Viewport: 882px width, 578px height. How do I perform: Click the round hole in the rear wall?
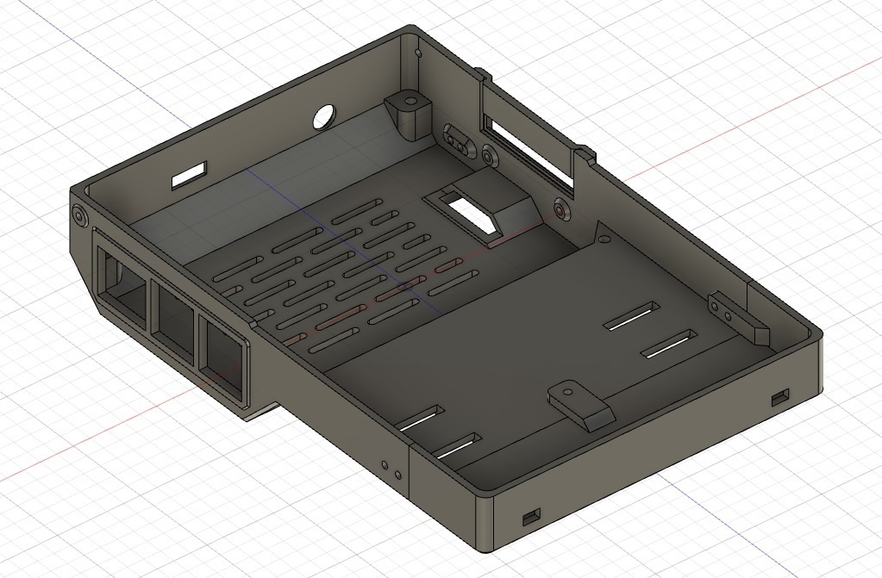(325, 117)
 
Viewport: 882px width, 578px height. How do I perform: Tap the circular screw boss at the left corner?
(80, 214)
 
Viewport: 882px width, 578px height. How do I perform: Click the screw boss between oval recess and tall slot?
(490, 156)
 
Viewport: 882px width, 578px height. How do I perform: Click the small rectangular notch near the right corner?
(780, 397)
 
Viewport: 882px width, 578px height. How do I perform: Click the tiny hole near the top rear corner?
(420, 53)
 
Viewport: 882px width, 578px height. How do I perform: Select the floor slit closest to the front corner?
(457, 447)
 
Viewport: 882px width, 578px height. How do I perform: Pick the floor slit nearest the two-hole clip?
(669, 345)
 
